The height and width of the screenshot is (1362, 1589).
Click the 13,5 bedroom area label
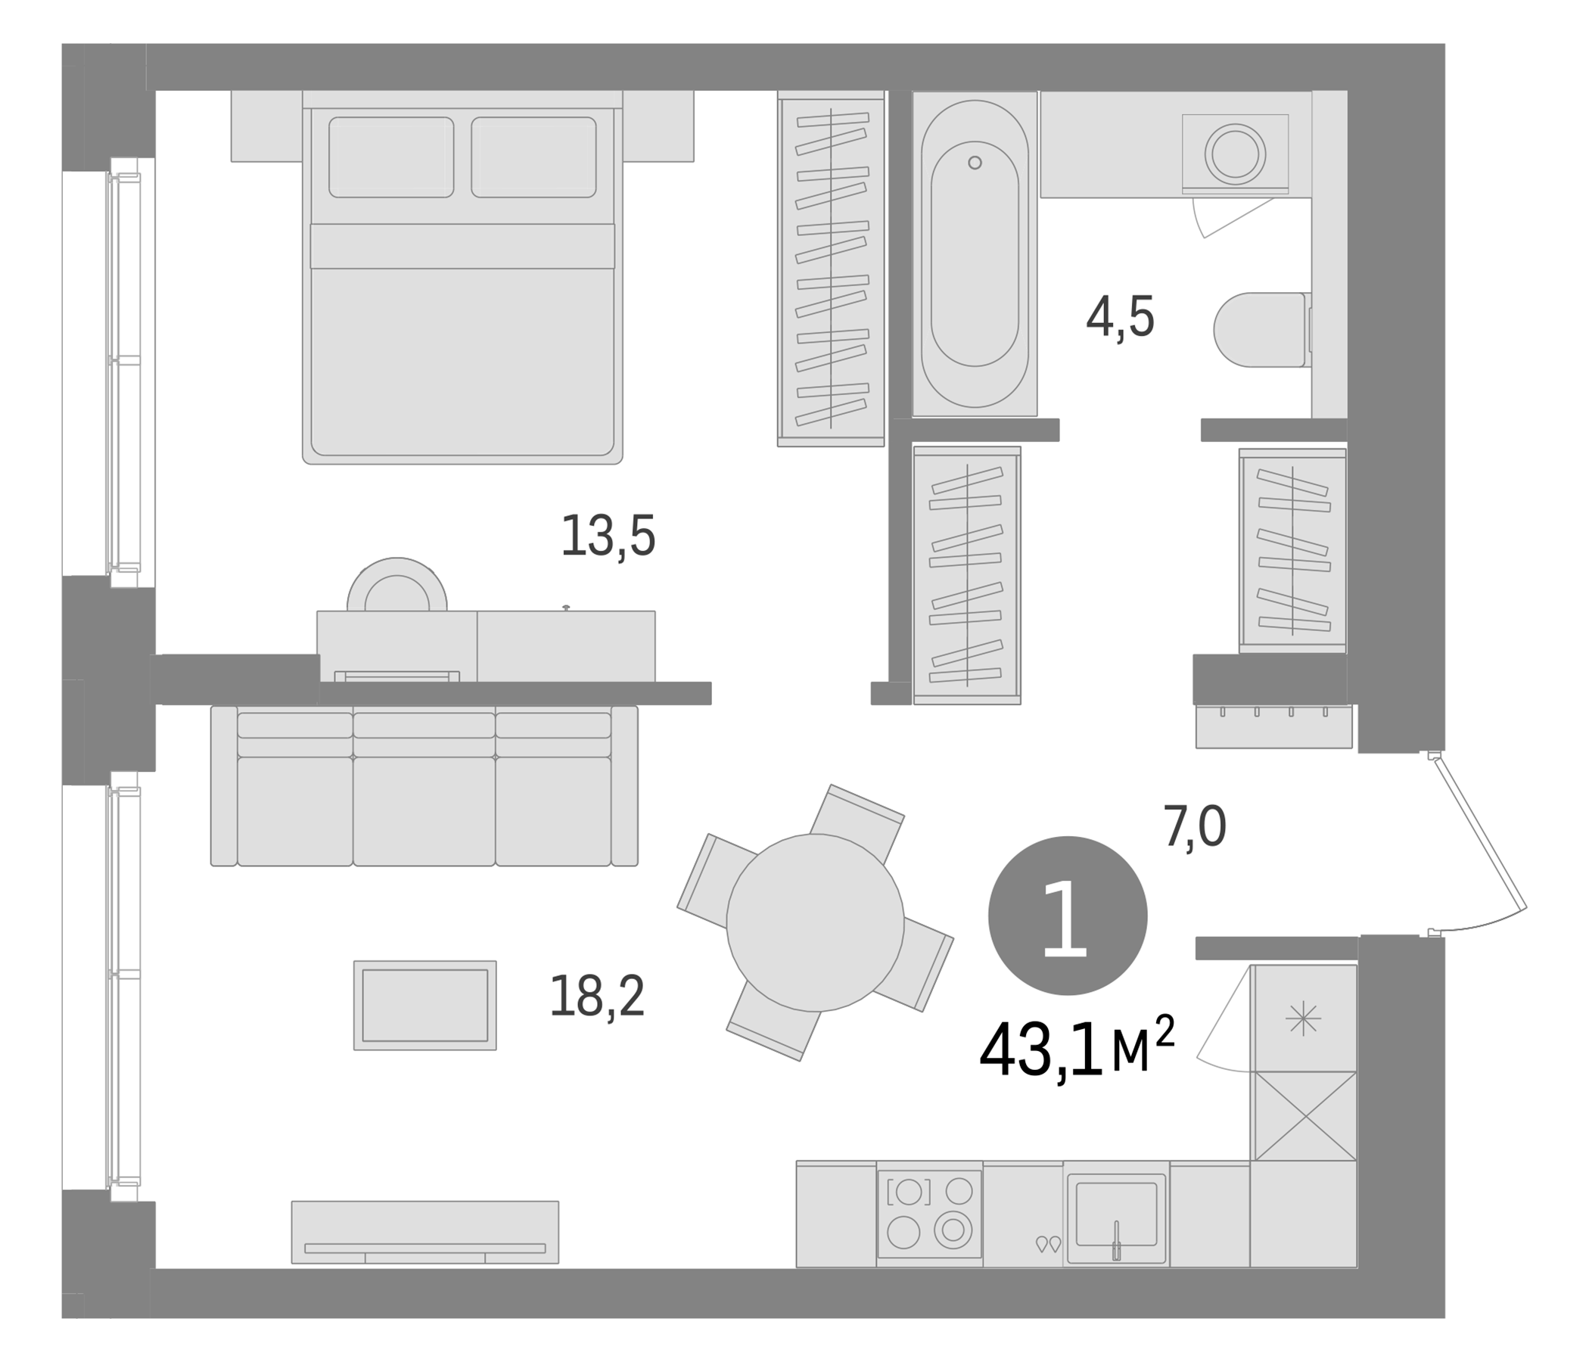pos(608,535)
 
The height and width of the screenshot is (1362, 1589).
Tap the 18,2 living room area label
pos(598,997)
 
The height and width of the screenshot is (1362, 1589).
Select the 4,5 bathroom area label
pos(1121,317)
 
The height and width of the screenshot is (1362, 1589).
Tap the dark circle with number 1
pos(1068,916)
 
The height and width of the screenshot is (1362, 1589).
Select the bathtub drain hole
pos(975,163)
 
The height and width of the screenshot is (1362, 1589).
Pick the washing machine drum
pos(1235,154)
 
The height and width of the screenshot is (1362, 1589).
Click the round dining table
pos(815,922)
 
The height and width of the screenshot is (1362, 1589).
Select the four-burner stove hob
pos(929,1214)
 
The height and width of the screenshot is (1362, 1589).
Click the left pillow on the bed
pos(391,157)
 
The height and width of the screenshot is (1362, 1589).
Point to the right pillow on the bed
pos(533,157)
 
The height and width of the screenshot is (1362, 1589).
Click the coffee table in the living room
pos(424,1006)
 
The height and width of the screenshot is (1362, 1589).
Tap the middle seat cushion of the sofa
pos(424,811)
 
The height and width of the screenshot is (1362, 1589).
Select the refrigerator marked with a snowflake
pos(1304,1018)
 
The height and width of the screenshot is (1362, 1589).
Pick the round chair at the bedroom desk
pos(396,584)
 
